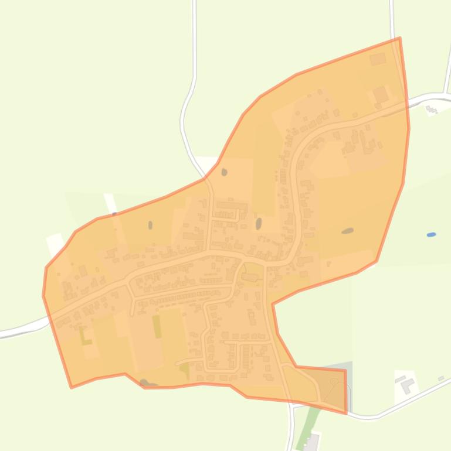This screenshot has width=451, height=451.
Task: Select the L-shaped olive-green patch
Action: click(86, 336)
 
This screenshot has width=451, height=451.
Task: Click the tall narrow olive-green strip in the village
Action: click(157, 326)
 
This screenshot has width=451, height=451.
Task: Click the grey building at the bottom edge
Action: click(311, 442)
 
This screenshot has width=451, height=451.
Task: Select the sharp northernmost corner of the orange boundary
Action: click(399, 39)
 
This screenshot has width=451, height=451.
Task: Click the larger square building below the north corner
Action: click(381, 94)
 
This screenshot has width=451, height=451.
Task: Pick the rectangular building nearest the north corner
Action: click(378, 59)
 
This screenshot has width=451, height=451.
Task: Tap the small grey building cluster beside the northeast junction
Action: click(432, 109)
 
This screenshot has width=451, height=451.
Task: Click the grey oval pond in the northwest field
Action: click(150, 225)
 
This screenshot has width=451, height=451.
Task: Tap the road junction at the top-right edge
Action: click(446, 94)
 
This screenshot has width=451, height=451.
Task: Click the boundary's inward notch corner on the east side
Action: click(273, 303)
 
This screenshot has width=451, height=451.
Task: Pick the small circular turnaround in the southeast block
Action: click(334, 381)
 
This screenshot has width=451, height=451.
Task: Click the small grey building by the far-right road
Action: click(441, 379)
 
